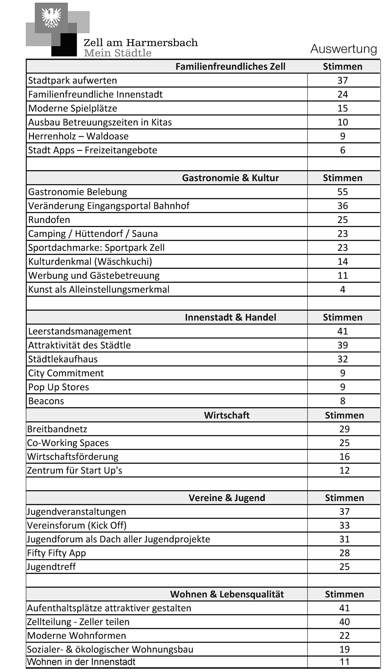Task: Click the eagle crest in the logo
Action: pyautogui.click(x=51, y=18)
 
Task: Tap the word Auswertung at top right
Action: pyautogui.click(x=344, y=49)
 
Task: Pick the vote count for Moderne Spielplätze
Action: pyautogui.click(x=343, y=108)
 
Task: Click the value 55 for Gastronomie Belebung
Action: pyautogui.click(x=343, y=192)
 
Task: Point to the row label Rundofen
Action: pyautogui.click(x=49, y=220)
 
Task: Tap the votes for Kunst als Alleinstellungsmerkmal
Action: pyautogui.click(x=343, y=289)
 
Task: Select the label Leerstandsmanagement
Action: pyautogui.click(x=80, y=331)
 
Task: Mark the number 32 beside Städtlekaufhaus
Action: pyautogui.click(x=343, y=359)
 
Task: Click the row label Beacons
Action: pyautogui.click(x=46, y=401)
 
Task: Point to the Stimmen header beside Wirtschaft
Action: pyautogui.click(x=344, y=415)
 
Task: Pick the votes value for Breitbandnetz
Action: pyautogui.click(x=344, y=429)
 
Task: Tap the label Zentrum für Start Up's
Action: pyautogui.click(x=74, y=470)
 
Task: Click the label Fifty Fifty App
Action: pyautogui.click(x=56, y=553)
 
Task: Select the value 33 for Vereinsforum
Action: pyautogui.click(x=344, y=525)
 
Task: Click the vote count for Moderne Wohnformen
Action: pyautogui.click(x=344, y=636)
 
